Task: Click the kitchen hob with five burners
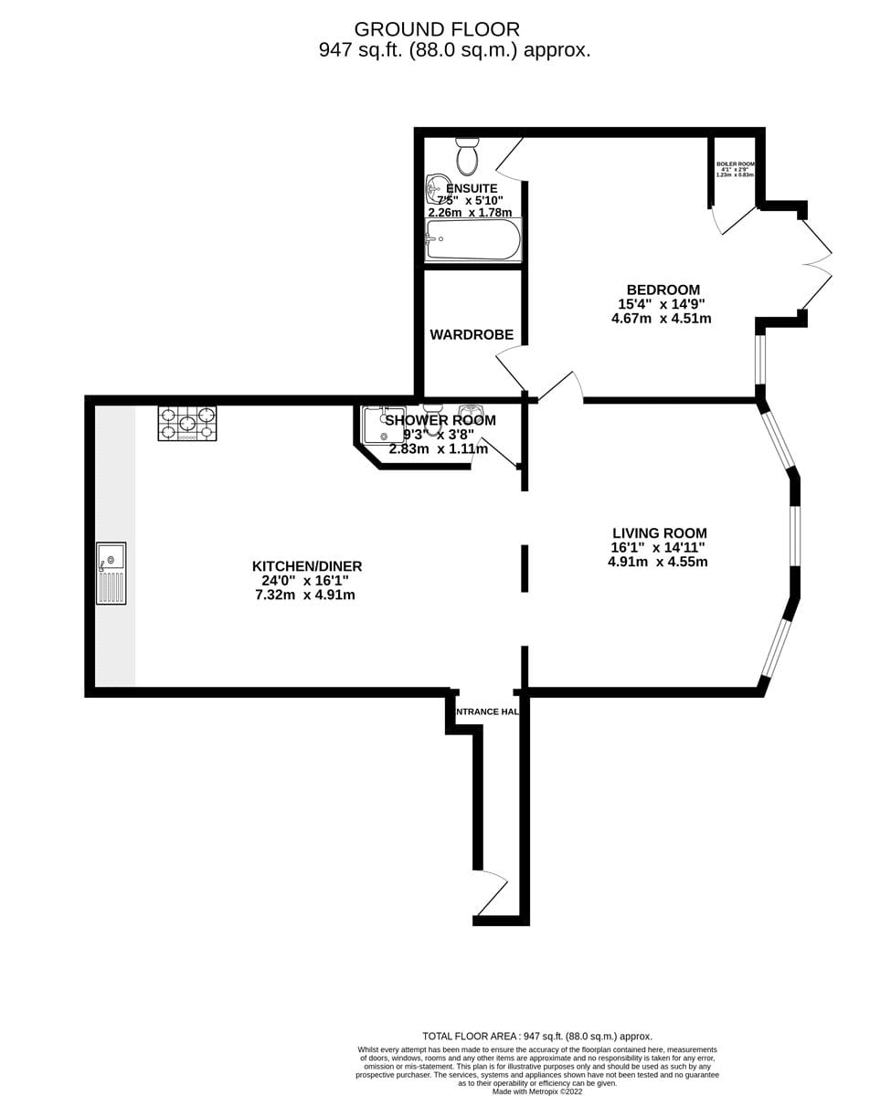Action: pos(187,424)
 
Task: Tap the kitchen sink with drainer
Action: pos(111,574)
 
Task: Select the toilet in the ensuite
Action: pos(467,157)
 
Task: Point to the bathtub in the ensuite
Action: pos(472,239)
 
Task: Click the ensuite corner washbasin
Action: pos(438,188)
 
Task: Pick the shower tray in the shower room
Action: pos(383,426)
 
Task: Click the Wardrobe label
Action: pos(472,335)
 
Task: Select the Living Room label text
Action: pos(659,533)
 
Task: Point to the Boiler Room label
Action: pos(735,164)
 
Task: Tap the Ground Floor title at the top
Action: pos(437,29)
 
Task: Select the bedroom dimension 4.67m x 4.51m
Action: pos(661,319)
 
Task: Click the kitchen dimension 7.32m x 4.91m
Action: pos(305,595)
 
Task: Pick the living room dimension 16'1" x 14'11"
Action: pos(658,548)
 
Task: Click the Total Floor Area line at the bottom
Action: pos(537,1036)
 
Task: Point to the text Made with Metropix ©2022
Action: pos(537,1091)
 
